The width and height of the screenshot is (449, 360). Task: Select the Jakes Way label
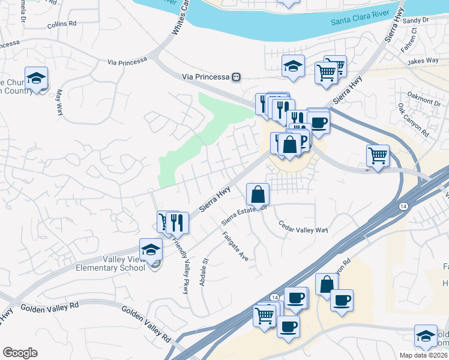(x=423, y=61)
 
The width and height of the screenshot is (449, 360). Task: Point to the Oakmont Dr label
(x=424, y=98)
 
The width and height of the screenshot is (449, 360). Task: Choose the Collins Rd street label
(x=62, y=23)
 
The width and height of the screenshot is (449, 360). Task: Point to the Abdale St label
(x=203, y=272)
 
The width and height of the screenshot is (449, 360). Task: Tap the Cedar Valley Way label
(x=303, y=227)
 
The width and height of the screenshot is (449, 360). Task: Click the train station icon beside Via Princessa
(x=237, y=77)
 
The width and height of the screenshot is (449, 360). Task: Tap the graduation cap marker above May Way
(x=36, y=78)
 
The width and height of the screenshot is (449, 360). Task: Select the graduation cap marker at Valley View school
(x=151, y=249)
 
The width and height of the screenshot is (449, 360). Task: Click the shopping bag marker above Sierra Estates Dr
(x=258, y=194)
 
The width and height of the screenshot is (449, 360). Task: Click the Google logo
(x=20, y=353)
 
